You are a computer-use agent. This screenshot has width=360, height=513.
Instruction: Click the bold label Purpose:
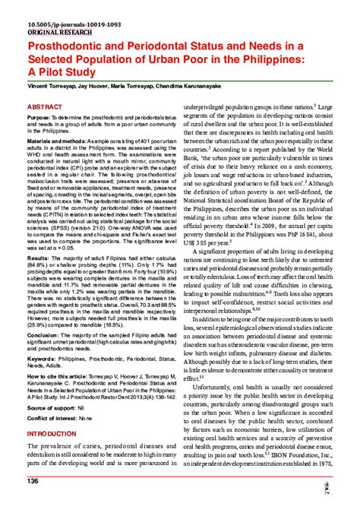click(39, 119)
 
